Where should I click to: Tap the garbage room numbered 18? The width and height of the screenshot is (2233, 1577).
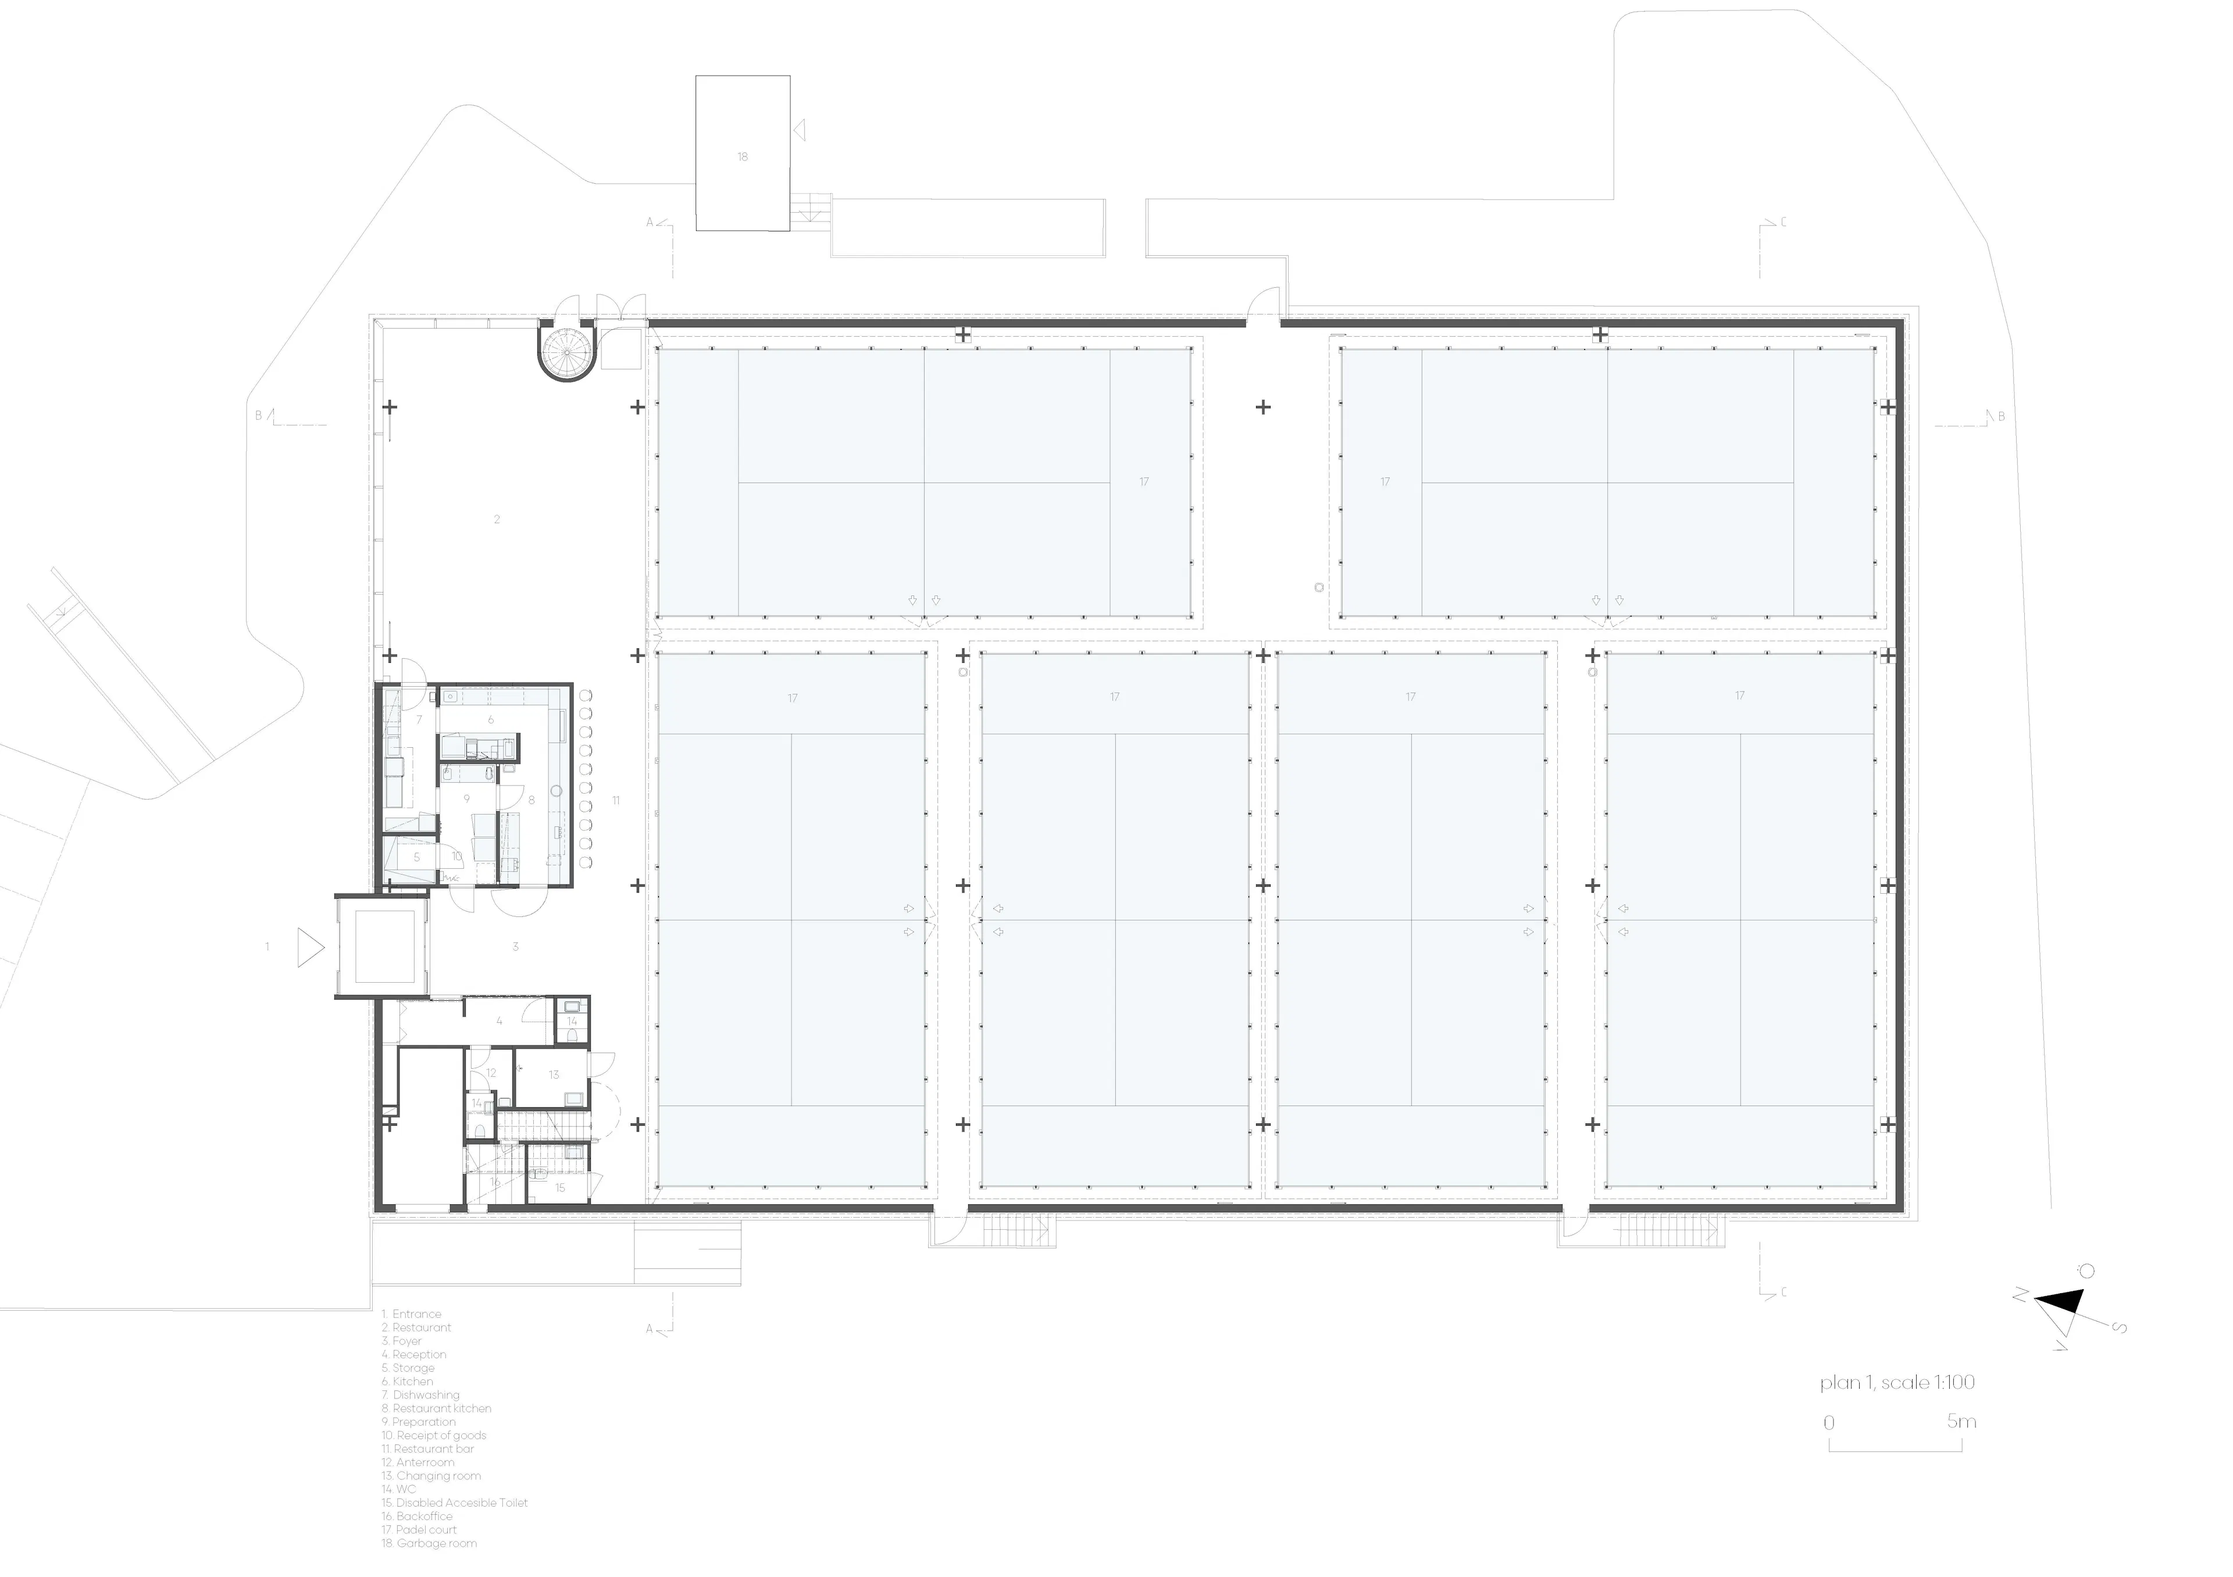click(742, 156)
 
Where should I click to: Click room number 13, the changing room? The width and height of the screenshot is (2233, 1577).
click(554, 1075)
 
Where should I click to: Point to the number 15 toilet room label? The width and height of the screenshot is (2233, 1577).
click(559, 1187)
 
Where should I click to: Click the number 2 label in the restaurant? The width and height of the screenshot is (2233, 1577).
click(497, 519)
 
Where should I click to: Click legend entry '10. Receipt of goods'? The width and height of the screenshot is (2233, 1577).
click(434, 1435)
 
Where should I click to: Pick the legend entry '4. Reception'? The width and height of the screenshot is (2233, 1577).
click(413, 1354)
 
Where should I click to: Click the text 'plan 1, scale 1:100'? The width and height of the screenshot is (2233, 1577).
click(1896, 1383)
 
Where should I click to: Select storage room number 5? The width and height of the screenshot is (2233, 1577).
click(416, 858)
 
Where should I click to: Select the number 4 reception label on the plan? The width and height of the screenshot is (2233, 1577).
click(499, 1021)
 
